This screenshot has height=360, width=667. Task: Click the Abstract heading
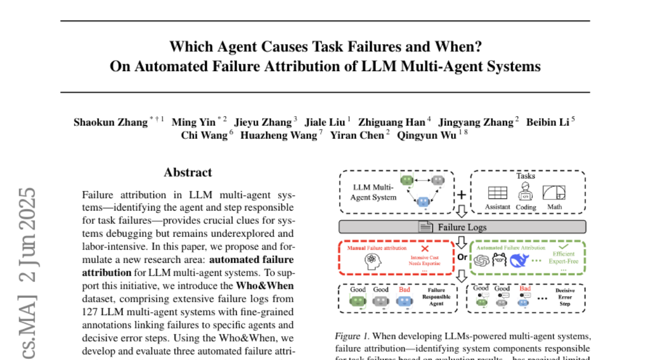coord(188,172)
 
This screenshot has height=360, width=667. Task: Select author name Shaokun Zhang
coord(111,122)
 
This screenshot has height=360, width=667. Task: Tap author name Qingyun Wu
coord(426,136)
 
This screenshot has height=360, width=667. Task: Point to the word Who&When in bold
coord(265,286)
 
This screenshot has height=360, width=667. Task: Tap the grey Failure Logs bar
coord(462,227)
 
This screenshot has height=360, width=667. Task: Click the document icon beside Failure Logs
coord(426,227)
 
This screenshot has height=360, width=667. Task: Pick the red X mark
coord(425,248)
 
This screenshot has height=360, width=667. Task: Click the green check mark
coord(563,245)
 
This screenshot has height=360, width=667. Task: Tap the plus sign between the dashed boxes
coord(461,194)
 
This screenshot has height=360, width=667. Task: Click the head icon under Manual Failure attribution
coord(373,261)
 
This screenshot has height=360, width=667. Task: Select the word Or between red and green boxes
coord(461,258)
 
